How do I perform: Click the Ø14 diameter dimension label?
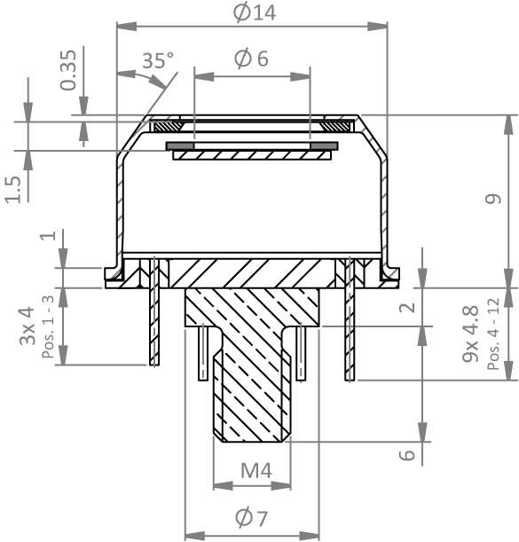tap(255, 12)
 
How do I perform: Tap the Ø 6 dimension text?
tap(251, 59)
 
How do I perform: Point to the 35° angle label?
tap(158, 60)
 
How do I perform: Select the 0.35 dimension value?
tap(67, 70)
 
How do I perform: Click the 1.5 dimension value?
tap(13, 190)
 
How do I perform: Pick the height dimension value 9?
tap(493, 199)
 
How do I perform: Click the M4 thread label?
tap(256, 470)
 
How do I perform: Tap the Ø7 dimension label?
tap(251, 518)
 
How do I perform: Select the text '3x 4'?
tap(28, 326)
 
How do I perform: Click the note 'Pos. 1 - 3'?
tap(48, 326)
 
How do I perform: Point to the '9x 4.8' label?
tap(470, 334)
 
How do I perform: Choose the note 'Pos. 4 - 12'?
tap(493, 334)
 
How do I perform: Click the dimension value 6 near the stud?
tap(407, 455)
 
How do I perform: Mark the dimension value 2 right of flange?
tap(407, 307)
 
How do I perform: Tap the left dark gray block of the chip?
tap(180, 145)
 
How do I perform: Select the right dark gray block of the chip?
tap(324, 145)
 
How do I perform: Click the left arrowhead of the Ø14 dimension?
tap(127, 26)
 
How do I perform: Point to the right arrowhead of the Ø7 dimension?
tap(309, 536)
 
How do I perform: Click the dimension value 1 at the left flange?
tap(48, 236)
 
